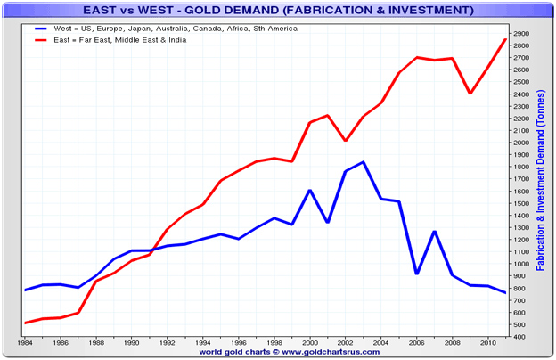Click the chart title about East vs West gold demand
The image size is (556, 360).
click(x=277, y=11)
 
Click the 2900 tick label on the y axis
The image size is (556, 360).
click(x=521, y=34)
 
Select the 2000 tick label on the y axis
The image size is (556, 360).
click(x=521, y=143)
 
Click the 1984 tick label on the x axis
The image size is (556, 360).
click(x=25, y=342)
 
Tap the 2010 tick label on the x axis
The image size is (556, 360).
click(x=488, y=342)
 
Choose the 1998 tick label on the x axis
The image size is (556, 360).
click(x=274, y=342)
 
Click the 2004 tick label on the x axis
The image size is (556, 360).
click(x=381, y=342)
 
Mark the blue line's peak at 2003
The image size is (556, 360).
click(x=364, y=162)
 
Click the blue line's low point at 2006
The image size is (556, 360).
click(x=417, y=274)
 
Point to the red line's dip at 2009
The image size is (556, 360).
click(x=470, y=94)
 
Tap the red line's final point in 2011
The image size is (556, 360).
click(x=505, y=40)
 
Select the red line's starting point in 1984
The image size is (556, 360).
click(x=26, y=323)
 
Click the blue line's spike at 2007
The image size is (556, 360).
click(x=435, y=232)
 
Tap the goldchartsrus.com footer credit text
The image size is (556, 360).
click(x=277, y=352)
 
